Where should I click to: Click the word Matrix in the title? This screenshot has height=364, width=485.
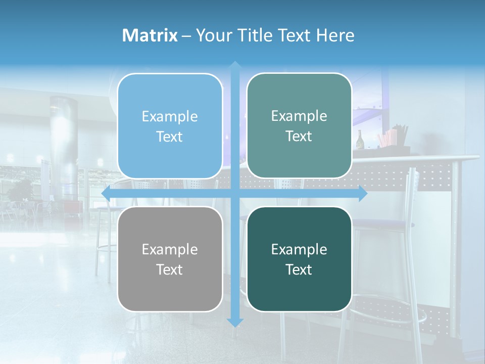click(150, 35)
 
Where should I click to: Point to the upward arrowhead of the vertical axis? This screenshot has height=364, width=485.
click(235, 66)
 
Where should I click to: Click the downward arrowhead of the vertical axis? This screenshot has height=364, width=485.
click(235, 322)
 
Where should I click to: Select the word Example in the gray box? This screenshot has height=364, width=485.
click(170, 249)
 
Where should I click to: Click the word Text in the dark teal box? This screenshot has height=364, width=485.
click(299, 269)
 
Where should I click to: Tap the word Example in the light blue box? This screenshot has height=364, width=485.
click(170, 116)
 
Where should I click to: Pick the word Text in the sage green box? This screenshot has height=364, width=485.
click(299, 136)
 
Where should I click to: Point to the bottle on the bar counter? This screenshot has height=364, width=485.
click(360, 140)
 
